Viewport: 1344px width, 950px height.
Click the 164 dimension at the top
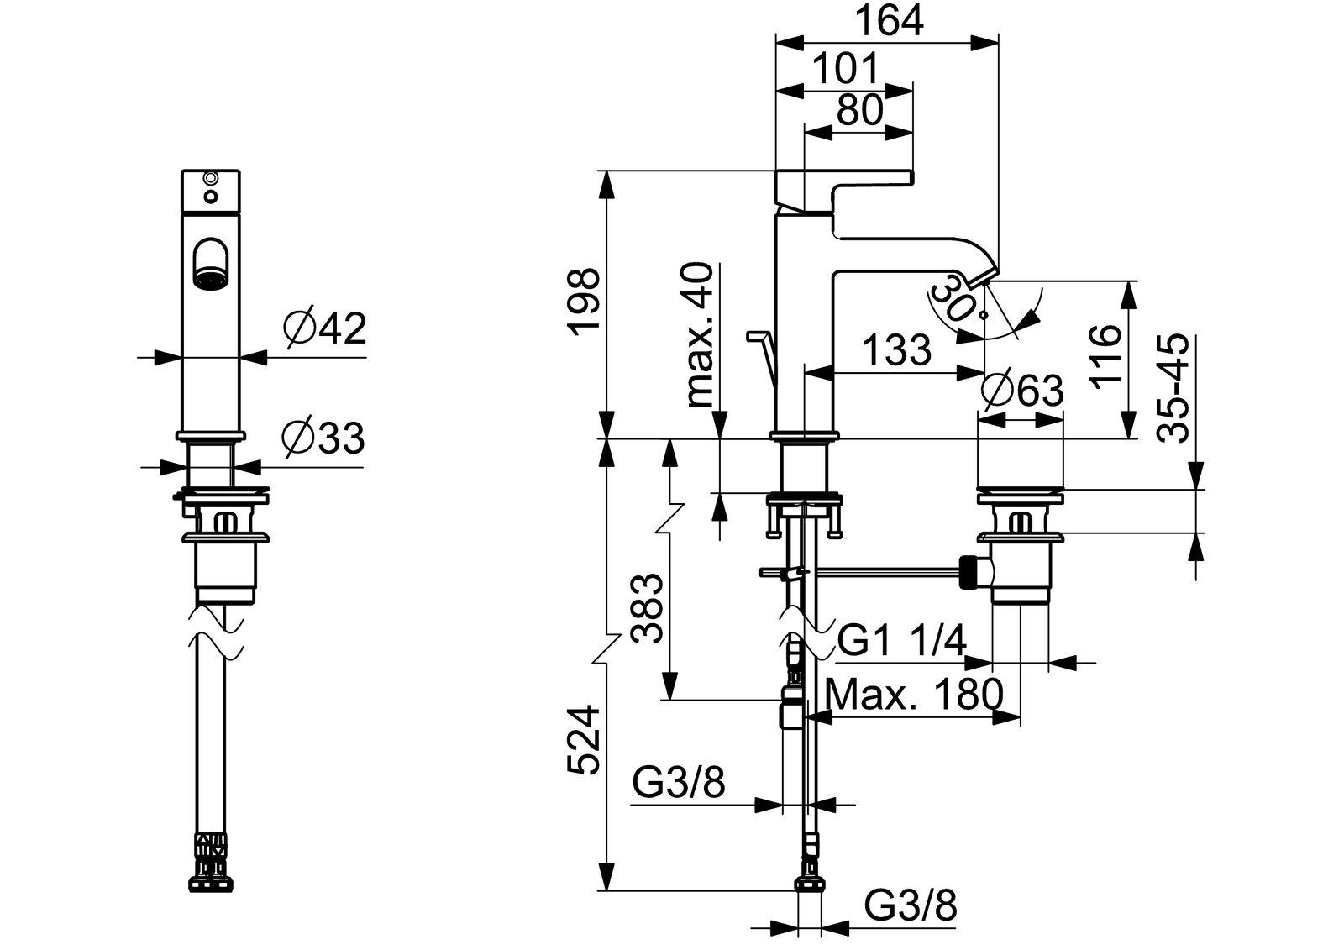(x=889, y=21)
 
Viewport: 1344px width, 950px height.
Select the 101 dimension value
(x=846, y=68)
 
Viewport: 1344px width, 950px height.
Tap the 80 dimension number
(x=860, y=110)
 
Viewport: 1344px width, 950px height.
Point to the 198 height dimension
(x=584, y=302)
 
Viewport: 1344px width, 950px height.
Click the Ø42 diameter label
(x=324, y=328)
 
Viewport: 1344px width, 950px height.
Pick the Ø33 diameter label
(x=323, y=438)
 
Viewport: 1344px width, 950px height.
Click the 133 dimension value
(x=897, y=350)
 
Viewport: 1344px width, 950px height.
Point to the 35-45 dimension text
(x=1173, y=388)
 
